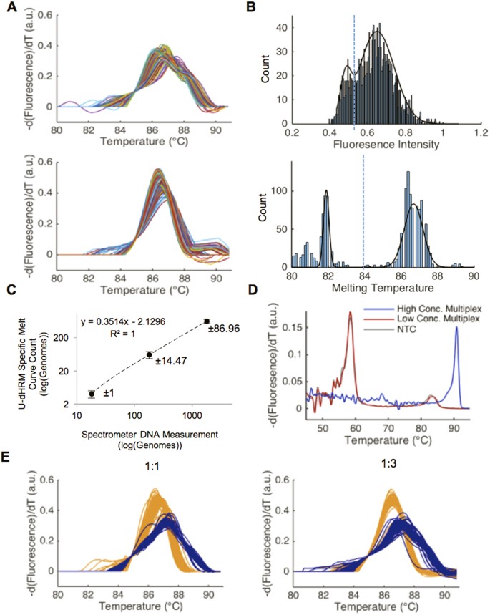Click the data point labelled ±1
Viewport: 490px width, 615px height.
[92, 394]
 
